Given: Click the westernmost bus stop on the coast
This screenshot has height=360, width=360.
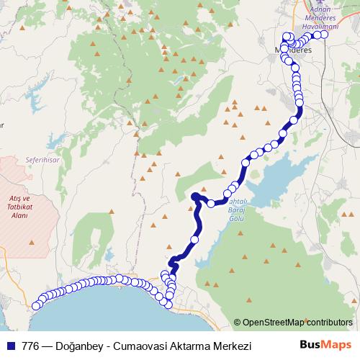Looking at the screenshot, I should (35, 306).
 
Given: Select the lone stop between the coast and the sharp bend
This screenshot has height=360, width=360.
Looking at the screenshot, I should (194, 239).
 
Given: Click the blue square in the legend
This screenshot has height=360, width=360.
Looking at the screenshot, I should (10, 346).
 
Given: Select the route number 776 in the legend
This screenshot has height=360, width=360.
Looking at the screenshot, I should (30, 346).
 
